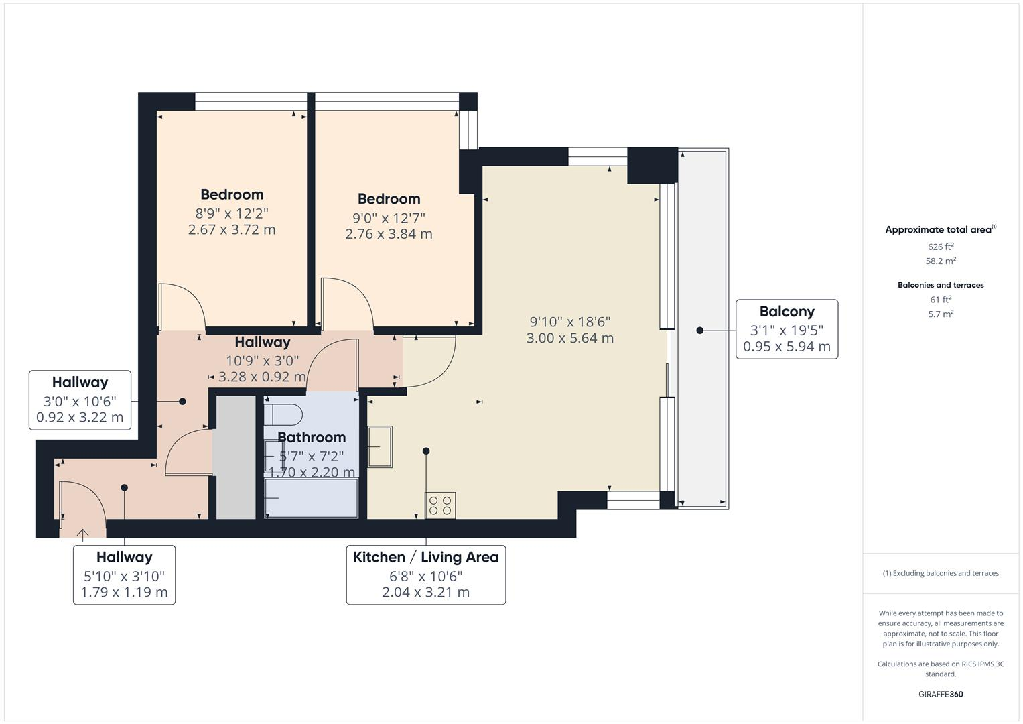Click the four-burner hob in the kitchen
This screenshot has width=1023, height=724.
(x=440, y=505)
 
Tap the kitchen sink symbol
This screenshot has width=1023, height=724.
(x=379, y=446)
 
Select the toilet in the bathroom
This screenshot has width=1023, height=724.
(x=283, y=415)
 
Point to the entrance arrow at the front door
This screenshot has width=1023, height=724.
(x=83, y=534)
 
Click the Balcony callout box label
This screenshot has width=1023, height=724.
(x=787, y=312)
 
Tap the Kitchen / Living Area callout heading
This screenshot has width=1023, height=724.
(x=425, y=557)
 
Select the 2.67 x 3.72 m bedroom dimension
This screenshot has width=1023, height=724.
(x=232, y=229)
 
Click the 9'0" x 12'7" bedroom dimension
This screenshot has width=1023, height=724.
(x=389, y=218)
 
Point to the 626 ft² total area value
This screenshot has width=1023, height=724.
(x=941, y=247)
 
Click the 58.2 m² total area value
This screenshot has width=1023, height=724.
(x=941, y=261)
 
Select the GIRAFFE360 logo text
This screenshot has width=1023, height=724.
(x=941, y=694)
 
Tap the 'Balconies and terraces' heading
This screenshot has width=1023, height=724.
(x=941, y=285)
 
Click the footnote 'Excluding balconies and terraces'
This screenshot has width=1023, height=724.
(x=941, y=573)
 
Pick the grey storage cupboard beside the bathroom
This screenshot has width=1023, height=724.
(x=234, y=456)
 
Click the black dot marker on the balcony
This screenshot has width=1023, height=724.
(x=699, y=330)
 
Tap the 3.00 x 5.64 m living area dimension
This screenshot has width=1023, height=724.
(x=569, y=338)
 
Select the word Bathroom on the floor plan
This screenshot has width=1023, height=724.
(x=312, y=437)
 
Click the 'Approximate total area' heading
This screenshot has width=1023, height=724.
(x=939, y=230)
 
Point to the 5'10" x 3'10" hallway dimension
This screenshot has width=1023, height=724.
(x=124, y=576)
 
